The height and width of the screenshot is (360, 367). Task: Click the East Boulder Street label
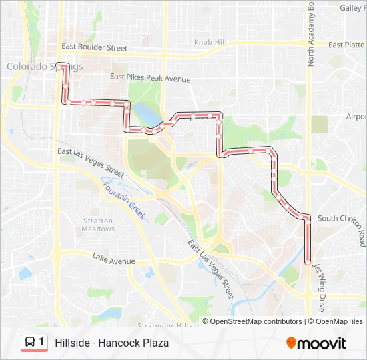coord(94,48)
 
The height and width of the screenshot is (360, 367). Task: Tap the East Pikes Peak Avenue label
coord(151,79)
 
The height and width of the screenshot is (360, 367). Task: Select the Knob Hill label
coord(210,42)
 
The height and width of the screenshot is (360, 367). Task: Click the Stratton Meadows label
coord(99,225)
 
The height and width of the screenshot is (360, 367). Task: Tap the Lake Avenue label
coord(113,257)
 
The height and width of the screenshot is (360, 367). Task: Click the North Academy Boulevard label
coord(311,33)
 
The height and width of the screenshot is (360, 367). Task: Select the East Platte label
coord(346,45)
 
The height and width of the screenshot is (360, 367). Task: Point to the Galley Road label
coord(352,8)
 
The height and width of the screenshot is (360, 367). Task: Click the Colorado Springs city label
coord(44,67)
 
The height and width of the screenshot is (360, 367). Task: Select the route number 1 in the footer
coord(42,342)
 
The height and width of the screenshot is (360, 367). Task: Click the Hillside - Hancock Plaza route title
coord(112,343)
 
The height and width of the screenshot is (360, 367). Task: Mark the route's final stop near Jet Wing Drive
coord(308,263)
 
